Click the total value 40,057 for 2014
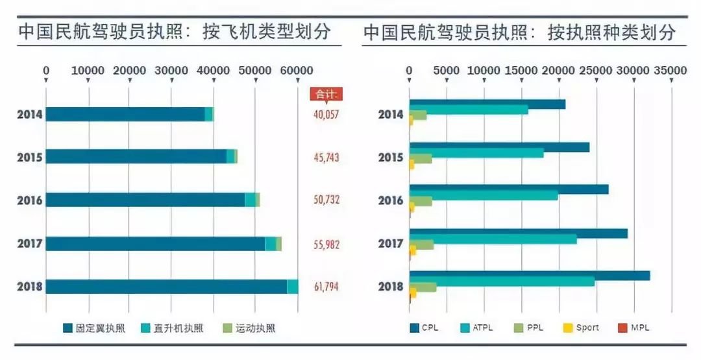tap(326, 115)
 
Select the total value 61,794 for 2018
tap(326, 286)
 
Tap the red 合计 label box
tap(326, 94)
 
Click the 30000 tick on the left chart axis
tap(171, 70)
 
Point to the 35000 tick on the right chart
tap(670, 70)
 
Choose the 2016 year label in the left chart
tap(30, 200)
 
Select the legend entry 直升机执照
tap(172, 328)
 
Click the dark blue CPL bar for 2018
tap(529, 276)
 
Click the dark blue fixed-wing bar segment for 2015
tap(136, 157)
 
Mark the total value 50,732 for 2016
tap(326, 200)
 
